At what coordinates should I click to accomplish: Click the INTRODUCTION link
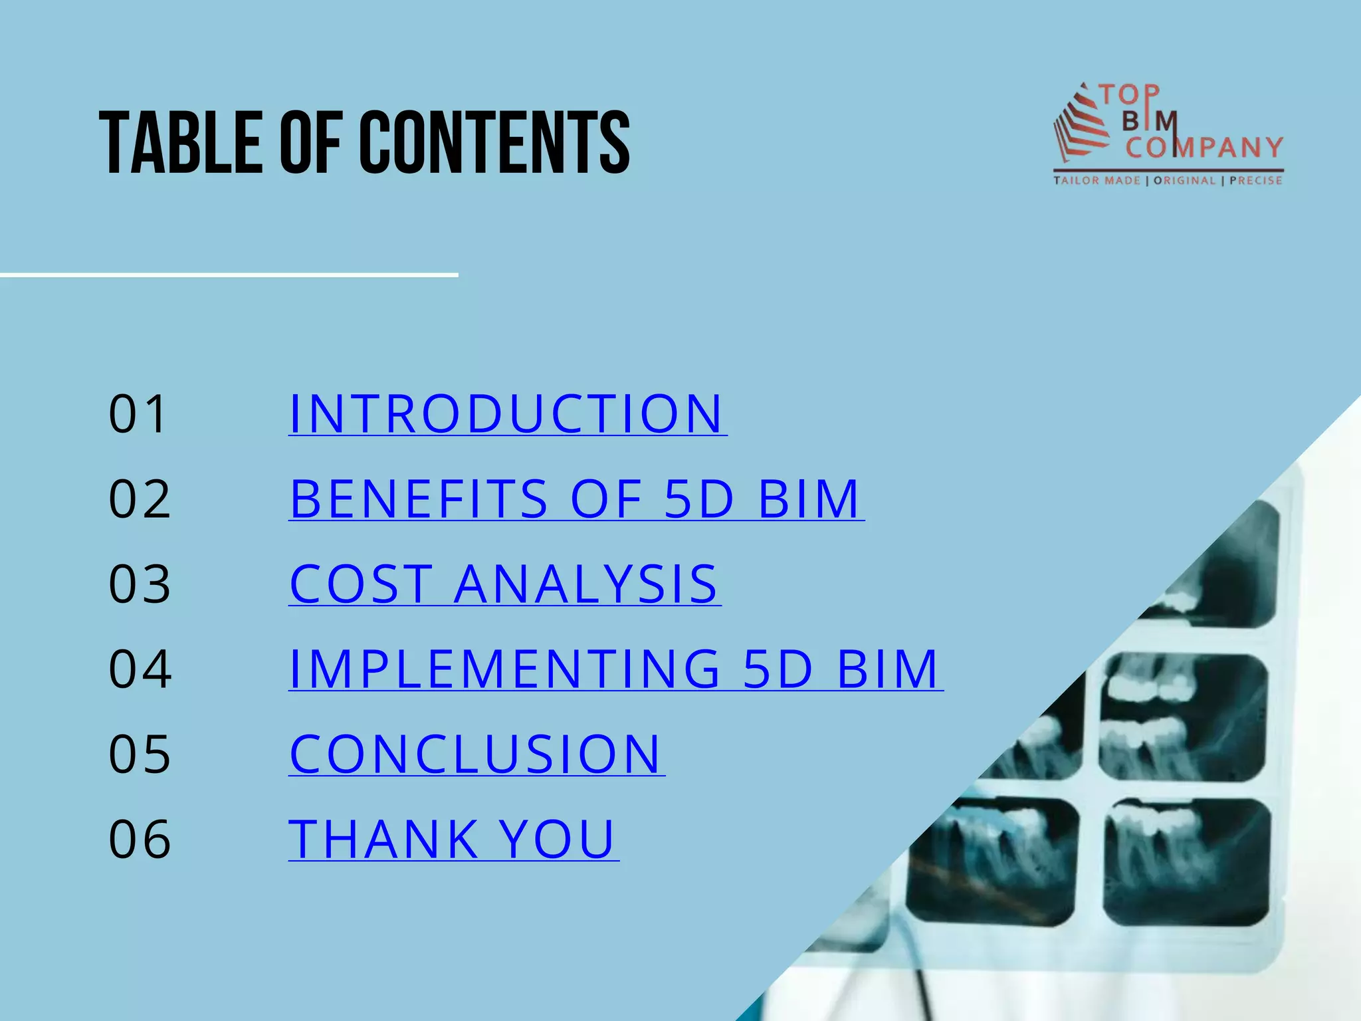(507, 413)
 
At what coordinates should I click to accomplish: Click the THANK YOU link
(453, 839)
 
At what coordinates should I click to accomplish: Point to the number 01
(138, 413)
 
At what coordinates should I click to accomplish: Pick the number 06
(140, 839)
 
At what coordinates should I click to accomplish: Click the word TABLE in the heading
(179, 142)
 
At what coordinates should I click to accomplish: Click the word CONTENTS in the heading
(494, 142)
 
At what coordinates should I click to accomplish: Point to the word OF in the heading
(310, 142)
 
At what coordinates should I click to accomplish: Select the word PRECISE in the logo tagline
(1255, 180)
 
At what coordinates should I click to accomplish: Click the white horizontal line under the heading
(229, 274)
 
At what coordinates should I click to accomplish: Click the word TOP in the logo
(1129, 95)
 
